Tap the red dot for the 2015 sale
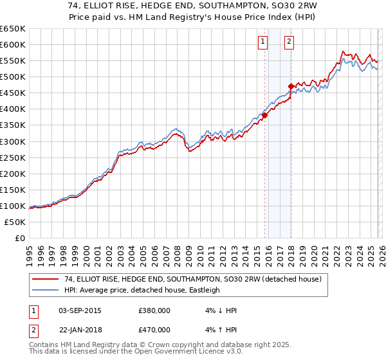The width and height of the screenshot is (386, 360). coord(264,116)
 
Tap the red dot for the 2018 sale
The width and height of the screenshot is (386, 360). coord(291,86)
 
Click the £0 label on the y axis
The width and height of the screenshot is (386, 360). coord(19,238)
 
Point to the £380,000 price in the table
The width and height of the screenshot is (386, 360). coord(154,310)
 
